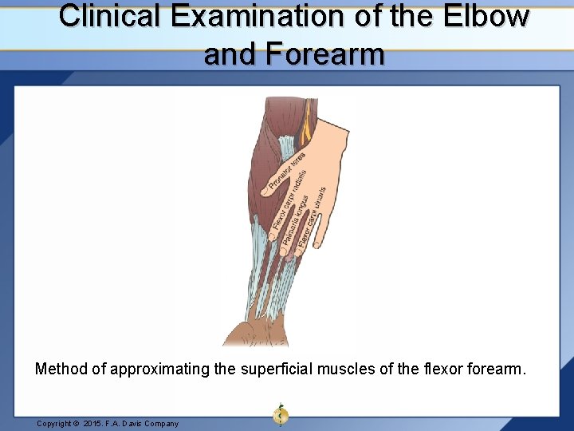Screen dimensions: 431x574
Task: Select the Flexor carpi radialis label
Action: pos(289,200)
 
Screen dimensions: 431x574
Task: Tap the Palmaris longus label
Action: pos(297,218)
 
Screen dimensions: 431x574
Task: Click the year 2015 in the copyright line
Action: pos(92,424)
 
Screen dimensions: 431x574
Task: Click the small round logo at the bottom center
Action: pos(280,414)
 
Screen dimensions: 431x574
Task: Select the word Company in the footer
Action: pos(160,424)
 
